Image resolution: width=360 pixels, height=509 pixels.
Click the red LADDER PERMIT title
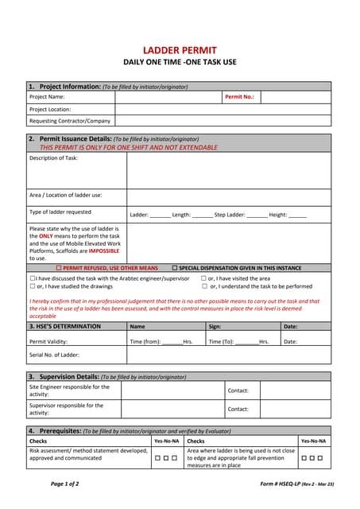(180, 50)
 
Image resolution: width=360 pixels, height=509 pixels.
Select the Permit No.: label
(239, 96)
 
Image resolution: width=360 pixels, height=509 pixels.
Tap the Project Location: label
(50, 109)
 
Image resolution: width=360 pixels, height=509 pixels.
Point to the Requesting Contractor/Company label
(70, 121)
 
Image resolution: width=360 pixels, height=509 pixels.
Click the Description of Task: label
(53, 157)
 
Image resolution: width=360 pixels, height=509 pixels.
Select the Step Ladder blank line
(256, 215)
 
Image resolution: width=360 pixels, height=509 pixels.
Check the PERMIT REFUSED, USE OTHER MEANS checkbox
(59, 268)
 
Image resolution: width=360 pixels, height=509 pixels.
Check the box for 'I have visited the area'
(204, 278)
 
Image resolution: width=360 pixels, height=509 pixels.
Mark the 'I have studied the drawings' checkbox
(33, 286)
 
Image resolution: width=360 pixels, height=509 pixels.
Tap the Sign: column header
(215, 326)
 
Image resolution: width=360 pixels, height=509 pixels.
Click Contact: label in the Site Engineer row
(238, 390)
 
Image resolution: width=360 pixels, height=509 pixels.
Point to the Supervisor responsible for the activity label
(66, 409)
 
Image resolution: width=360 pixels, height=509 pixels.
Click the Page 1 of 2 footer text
(65, 483)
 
